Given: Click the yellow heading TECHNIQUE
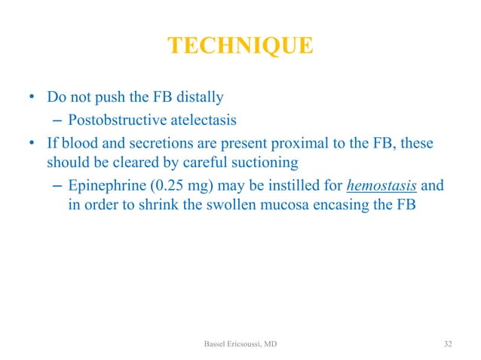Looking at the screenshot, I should coord(240,47).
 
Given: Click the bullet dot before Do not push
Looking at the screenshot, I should coord(32,99).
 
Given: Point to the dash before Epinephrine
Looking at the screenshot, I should coord(54,185).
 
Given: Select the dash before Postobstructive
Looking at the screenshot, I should coord(54,119).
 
